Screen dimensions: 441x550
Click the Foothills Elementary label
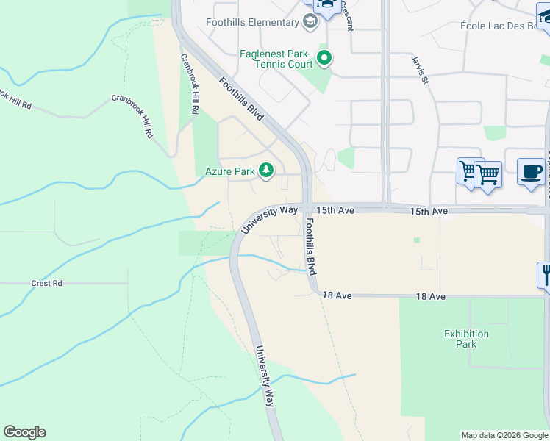pyautogui.click(x=252, y=22)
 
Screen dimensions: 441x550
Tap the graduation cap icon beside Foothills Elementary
pyautogui.click(x=310, y=22)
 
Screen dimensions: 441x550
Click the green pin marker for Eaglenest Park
pyautogui.click(x=324, y=57)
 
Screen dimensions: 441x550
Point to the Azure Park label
pyautogui.click(x=229, y=172)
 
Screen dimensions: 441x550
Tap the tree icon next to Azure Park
pyautogui.click(x=265, y=171)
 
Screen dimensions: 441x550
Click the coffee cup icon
pyautogui.click(x=531, y=172)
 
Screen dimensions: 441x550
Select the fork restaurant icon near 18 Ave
pyautogui.click(x=545, y=276)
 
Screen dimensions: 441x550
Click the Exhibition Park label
pyautogui.click(x=466, y=339)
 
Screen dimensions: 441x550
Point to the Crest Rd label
pyautogui.click(x=46, y=283)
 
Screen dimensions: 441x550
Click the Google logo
pyautogui.click(x=24, y=432)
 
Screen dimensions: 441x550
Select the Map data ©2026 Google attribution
pyautogui.click(x=504, y=435)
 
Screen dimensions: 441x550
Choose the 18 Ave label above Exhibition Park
pyautogui.click(x=431, y=295)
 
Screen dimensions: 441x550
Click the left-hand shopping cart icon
pyautogui.click(x=468, y=172)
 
